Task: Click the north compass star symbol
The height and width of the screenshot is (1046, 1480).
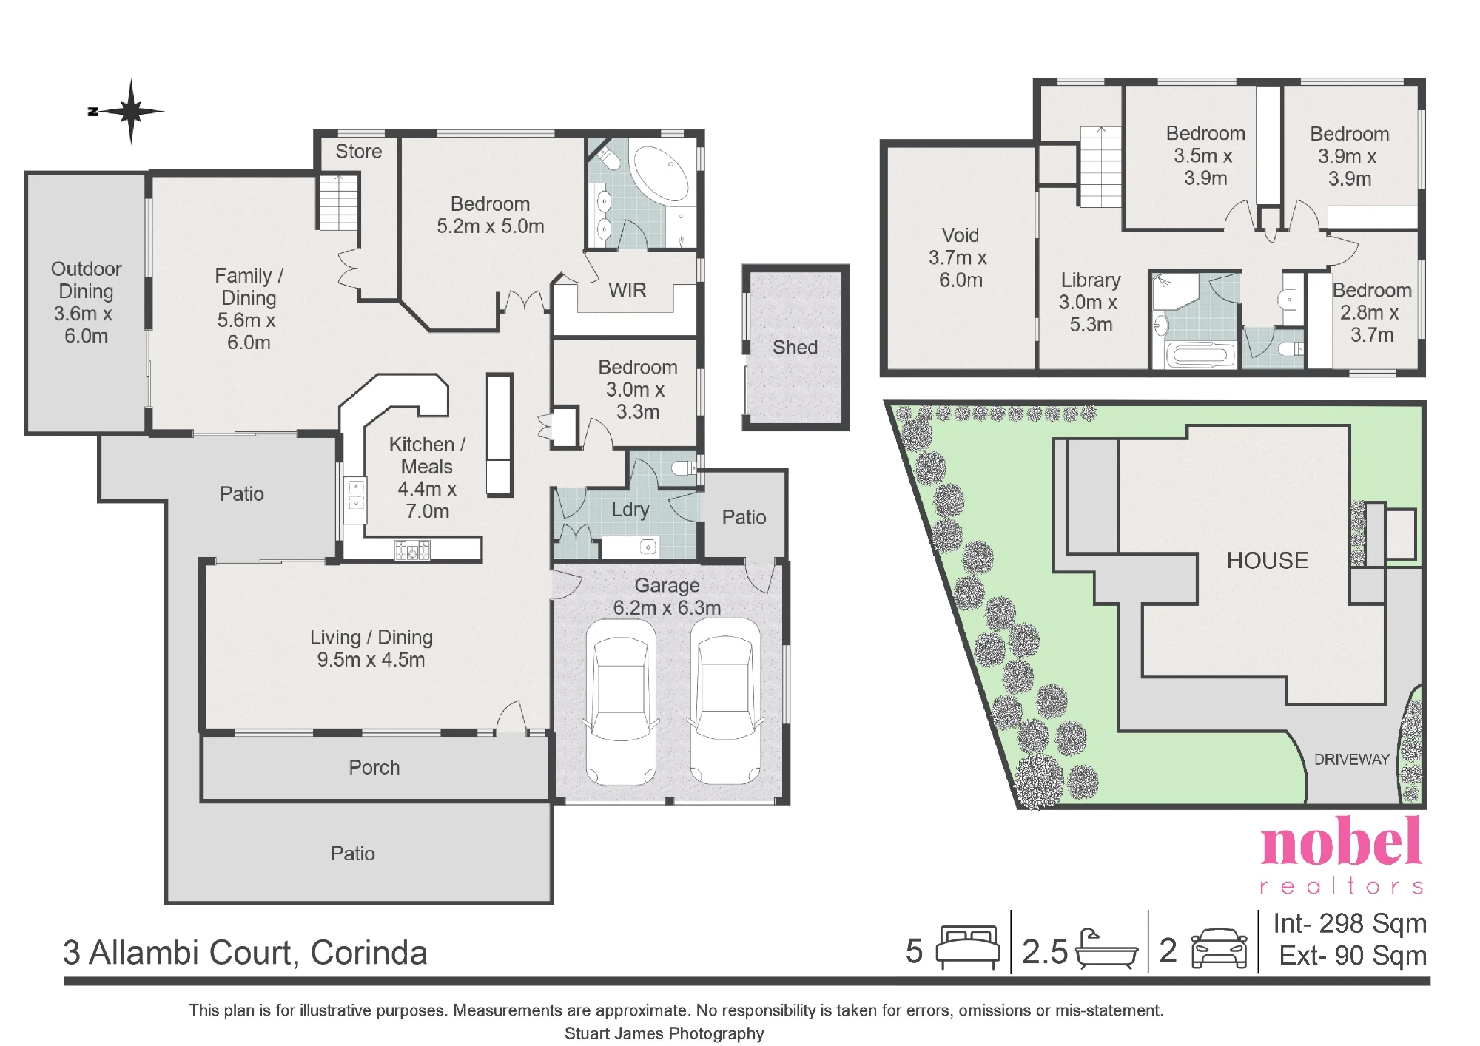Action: (x=131, y=112)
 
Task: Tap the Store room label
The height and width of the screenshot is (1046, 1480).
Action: (x=359, y=152)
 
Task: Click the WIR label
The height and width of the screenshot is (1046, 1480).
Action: (x=628, y=291)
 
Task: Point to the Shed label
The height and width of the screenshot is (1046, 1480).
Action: (x=795, y=347)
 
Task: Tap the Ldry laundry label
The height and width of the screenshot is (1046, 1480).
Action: (x=630, y=510)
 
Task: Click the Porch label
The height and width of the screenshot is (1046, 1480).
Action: (x=374, y=768)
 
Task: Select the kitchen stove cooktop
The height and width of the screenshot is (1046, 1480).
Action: (x=412, y=550)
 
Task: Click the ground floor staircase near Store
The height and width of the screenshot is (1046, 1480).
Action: (x=339, y=201)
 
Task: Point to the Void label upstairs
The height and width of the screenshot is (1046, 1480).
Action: (x=961, y=235)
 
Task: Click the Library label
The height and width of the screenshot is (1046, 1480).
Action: (x=1091, y=280)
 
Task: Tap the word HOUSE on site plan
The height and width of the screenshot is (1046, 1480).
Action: (x=1268, y=561)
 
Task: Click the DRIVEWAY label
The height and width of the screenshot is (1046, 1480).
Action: (x=1352, y=760)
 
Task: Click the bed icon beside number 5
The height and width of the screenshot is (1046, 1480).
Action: (x=968, y=947)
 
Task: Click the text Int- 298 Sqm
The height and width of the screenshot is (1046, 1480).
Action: (x=1350, y=923)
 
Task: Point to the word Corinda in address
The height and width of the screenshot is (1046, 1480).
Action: (x=369, y=953)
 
